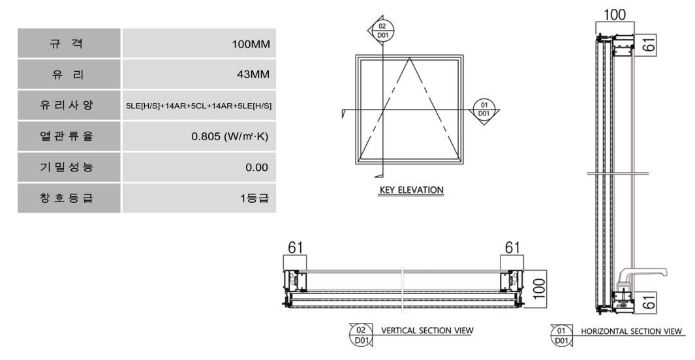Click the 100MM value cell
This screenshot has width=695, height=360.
[x=199, y=44]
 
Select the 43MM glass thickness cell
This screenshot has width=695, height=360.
[x=199, y=74]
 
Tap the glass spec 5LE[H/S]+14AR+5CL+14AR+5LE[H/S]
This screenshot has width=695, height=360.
[x=199, y=106]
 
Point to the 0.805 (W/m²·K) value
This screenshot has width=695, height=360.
[x=230, y=136]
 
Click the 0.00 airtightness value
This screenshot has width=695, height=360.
[x=256, y=168]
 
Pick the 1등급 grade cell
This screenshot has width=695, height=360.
[x=199, y=198]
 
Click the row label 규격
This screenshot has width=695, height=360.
[x=67, y=44]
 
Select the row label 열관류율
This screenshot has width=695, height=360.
[x=67, y=136]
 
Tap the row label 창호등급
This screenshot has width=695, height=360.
[x=67, y=198]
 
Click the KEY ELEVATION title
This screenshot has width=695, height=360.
[x=411, y=190]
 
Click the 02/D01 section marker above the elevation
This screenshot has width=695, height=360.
[x=382, y=31]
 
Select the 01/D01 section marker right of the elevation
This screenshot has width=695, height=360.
[x=484, y=110]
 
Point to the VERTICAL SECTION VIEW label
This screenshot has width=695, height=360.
[x=427, y=331]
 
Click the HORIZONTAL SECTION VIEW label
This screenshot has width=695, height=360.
[x=631, y=331]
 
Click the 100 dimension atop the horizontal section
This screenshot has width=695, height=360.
[x=615, y=15]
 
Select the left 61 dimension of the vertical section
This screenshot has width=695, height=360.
[x=295, y=248]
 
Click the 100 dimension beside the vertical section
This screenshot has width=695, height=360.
[x=539, y=289]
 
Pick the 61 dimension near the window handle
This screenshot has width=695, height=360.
[x=649, y=303]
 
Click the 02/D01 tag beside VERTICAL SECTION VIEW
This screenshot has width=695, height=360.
[x=362, y=335]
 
